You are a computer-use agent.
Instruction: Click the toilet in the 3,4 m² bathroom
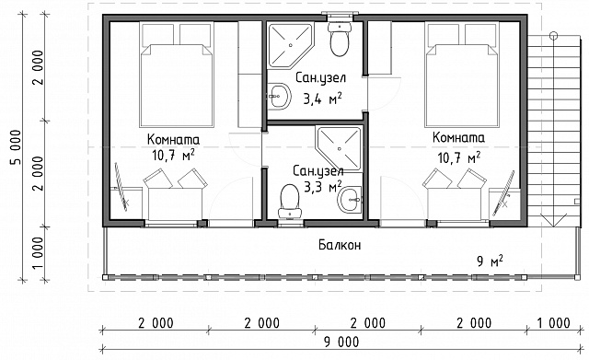pyautogui.click(x=340, y=39)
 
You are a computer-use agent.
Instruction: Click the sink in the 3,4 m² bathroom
pyautogui.click(x=280, y=96)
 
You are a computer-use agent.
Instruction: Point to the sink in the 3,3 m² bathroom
pyautogui.click(x=350, y=200)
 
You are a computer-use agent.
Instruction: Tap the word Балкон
pyautogui.click(x=340, y=245)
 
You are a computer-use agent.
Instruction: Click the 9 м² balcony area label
pyautogui.click(x=490, y=261)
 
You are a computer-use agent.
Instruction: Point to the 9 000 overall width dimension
pyautogui.click(x=341, y=342)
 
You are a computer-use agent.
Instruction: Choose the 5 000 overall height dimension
pyautogui.click(x=16, y=147)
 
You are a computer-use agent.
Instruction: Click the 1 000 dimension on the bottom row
pyautogui.click(x=552, y=323)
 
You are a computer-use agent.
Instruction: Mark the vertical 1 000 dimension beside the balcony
pyautogui.click(x=38, y=253)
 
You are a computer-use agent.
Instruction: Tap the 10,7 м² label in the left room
pyautogui.click(x=173, y=155)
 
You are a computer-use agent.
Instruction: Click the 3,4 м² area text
pyautogui.click(x=322, y=99)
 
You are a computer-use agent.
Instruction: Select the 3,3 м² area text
pyautogui.click(x=322, y=186)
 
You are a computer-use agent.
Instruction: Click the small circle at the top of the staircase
pyautogui.click(x=553, y=36)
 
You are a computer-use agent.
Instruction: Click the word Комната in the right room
pyautogui.click(x=458, y=137)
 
